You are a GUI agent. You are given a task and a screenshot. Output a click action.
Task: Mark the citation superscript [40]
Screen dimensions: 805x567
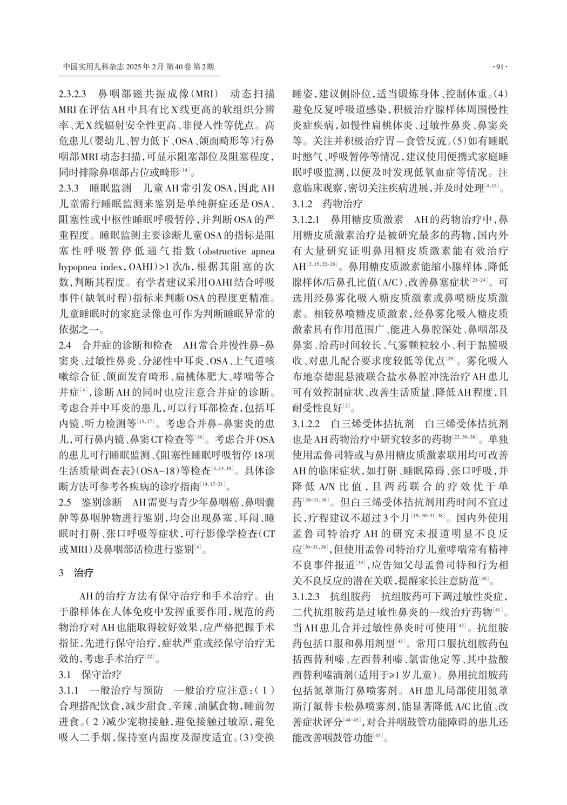coord(483,580)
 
